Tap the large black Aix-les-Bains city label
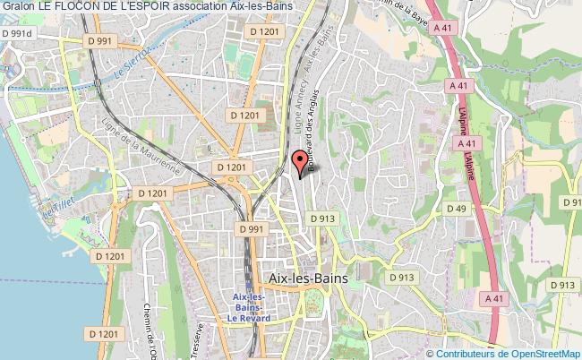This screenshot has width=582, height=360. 308,278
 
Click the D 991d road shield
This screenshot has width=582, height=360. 15,33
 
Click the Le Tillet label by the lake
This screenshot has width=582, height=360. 62,210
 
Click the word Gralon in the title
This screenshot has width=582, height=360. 18,7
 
